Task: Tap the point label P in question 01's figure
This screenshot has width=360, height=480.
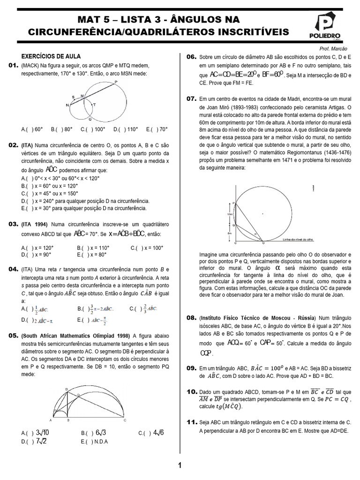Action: click(x=116, y=82)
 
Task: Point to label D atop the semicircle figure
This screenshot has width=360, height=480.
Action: click(x=66, y=389)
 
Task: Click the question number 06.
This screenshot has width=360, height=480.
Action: click(x=191, y=57)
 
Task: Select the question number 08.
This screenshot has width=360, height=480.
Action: click(x=191, y=317)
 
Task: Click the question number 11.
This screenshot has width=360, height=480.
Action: click(x=191, y=422)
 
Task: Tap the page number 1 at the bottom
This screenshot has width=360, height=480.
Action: click(x=180, y=465)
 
